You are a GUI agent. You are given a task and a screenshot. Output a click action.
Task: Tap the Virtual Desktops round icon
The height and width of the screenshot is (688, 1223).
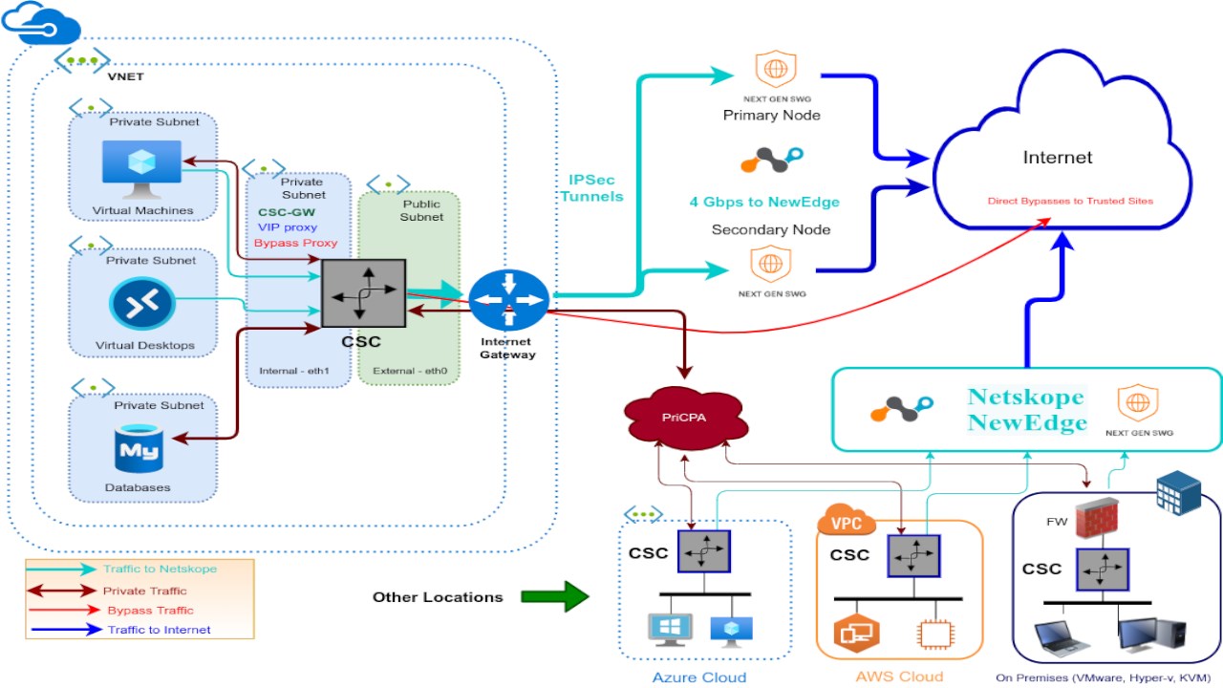(x=142, y=305)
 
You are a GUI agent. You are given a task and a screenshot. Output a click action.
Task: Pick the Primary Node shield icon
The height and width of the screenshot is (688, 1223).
(x=770, y=69)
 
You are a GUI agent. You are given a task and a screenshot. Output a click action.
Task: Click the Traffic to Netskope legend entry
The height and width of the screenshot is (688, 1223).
(x=160, y=570)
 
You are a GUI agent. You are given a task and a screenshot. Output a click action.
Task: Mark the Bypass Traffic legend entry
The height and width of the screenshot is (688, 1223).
(x=150, y=610)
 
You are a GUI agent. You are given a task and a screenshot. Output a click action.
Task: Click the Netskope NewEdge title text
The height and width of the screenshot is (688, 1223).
(x=1026, y=410)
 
